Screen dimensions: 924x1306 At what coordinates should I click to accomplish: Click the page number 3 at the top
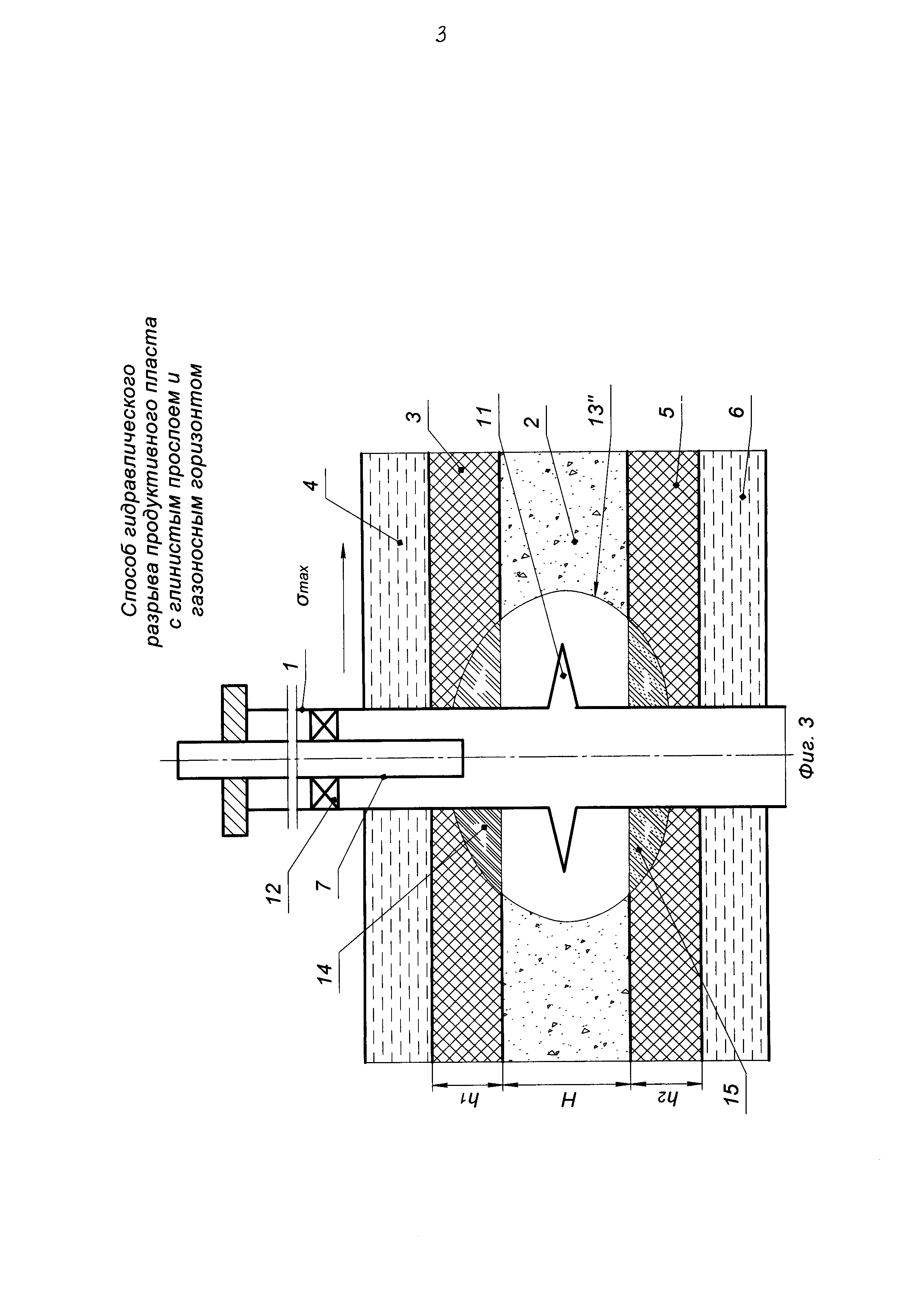[441, 36]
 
